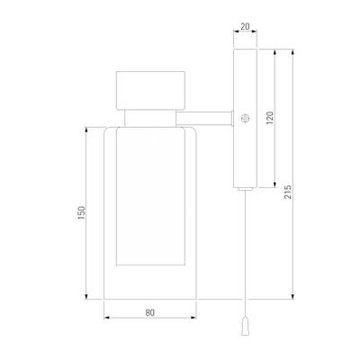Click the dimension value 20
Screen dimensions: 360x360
coord(245,26)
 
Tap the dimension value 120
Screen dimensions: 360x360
coord(270,118)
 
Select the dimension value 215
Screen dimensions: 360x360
coord(288,192)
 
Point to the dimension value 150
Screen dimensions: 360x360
coord(82,213)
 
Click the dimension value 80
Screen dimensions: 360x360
coord(150,312)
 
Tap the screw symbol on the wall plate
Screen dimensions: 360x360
coord(246,118)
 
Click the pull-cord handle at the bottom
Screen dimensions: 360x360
coord(246,327)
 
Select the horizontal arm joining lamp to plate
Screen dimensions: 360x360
coord(203,118)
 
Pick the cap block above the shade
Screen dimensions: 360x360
coord(150,90)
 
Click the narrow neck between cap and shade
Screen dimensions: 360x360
coord(150,118)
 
